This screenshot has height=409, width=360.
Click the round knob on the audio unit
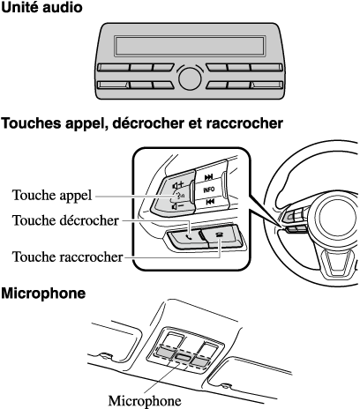coord(190,78)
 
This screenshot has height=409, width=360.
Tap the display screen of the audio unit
coord(190,46)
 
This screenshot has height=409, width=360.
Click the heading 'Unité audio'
coord(41,7)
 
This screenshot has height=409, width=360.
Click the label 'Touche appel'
coord(52,195)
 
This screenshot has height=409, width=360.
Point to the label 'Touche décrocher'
coord(65,220)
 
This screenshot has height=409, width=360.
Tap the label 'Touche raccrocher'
coord(67,257)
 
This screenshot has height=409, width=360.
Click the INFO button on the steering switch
coord(209,190)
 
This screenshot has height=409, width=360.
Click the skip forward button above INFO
coord(209,176)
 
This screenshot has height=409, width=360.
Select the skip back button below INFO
coord(210,202)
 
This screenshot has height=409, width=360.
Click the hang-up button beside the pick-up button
coord(222,235)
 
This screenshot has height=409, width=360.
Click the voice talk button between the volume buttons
coord(178,196)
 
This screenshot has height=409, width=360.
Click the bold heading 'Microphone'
coord(43,293)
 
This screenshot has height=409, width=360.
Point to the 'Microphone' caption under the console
coord(145,400)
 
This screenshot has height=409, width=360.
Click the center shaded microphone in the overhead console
coord(183,357)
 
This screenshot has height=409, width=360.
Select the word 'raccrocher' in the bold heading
coord(244,123)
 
